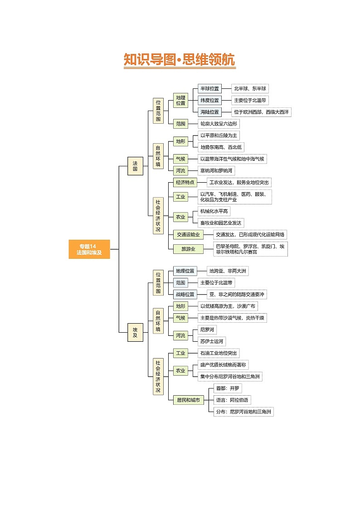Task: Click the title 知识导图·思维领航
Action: tap(180, 60)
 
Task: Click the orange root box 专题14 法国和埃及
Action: tap(89, 249)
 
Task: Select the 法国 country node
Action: tap(135, 165)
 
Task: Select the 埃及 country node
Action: tap(135, 333)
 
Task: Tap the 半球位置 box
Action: tap(209, 88)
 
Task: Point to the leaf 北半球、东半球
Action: tap(250, 88)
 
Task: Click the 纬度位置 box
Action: tap(209, 100)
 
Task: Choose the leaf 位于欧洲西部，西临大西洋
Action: tap(262, 112)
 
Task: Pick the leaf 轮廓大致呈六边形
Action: tap(219, 124)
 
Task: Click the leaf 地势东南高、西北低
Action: tap(221, 147)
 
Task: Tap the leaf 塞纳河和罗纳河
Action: tap(217, 170)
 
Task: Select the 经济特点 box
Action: tap(185, 182)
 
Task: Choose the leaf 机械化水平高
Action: tap(214, 211)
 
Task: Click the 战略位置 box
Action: tap(185, 294)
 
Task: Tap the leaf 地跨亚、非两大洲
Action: tap(228, 271)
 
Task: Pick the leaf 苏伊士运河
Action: tap(212, 341)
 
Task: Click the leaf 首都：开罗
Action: tap(228, 388)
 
